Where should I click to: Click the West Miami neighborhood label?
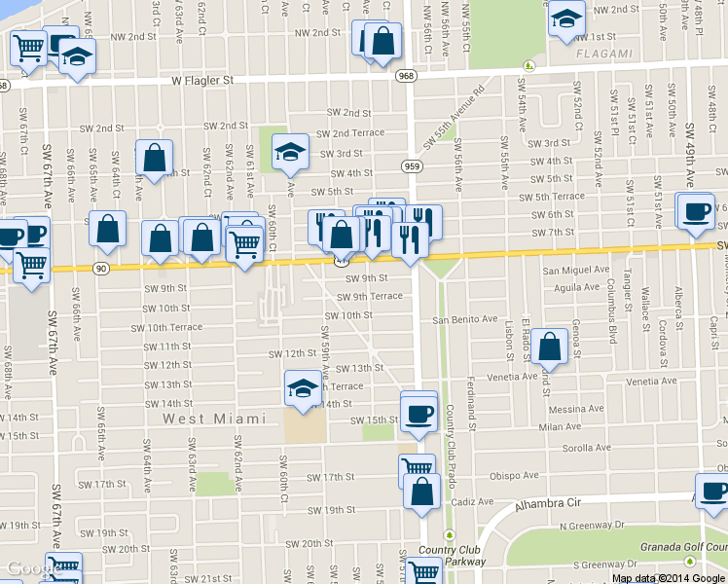click(x=213, y=419)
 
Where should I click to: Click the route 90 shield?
click(x=100, y=268)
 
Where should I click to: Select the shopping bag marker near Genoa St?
click(x=550, y=347)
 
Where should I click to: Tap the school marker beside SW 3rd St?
click(x=289, y=151)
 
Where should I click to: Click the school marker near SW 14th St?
click(x=303, y=389)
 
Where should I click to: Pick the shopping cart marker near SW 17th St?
click(x=417, y=469)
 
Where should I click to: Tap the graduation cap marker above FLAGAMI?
click(x=565, y=18)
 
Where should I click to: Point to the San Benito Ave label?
click(x=465, y=319)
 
